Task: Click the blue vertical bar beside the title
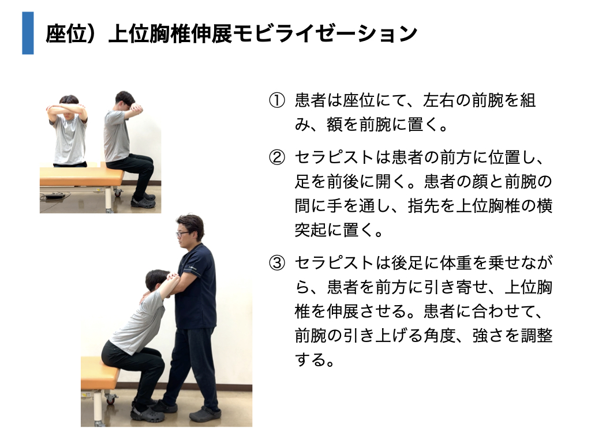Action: click(x=28, y=33)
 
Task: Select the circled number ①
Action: click(x=276, y=100)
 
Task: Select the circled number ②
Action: click(x=276, y=157)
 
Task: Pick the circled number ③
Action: click(x=276, y=263)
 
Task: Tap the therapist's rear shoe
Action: click(x=205, y=414)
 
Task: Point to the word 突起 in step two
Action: click(x=311, y=230)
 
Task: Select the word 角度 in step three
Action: click(x=439, y=335)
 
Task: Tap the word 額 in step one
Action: click(x=335, y=125)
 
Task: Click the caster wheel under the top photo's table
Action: click(x=118, y=193)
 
